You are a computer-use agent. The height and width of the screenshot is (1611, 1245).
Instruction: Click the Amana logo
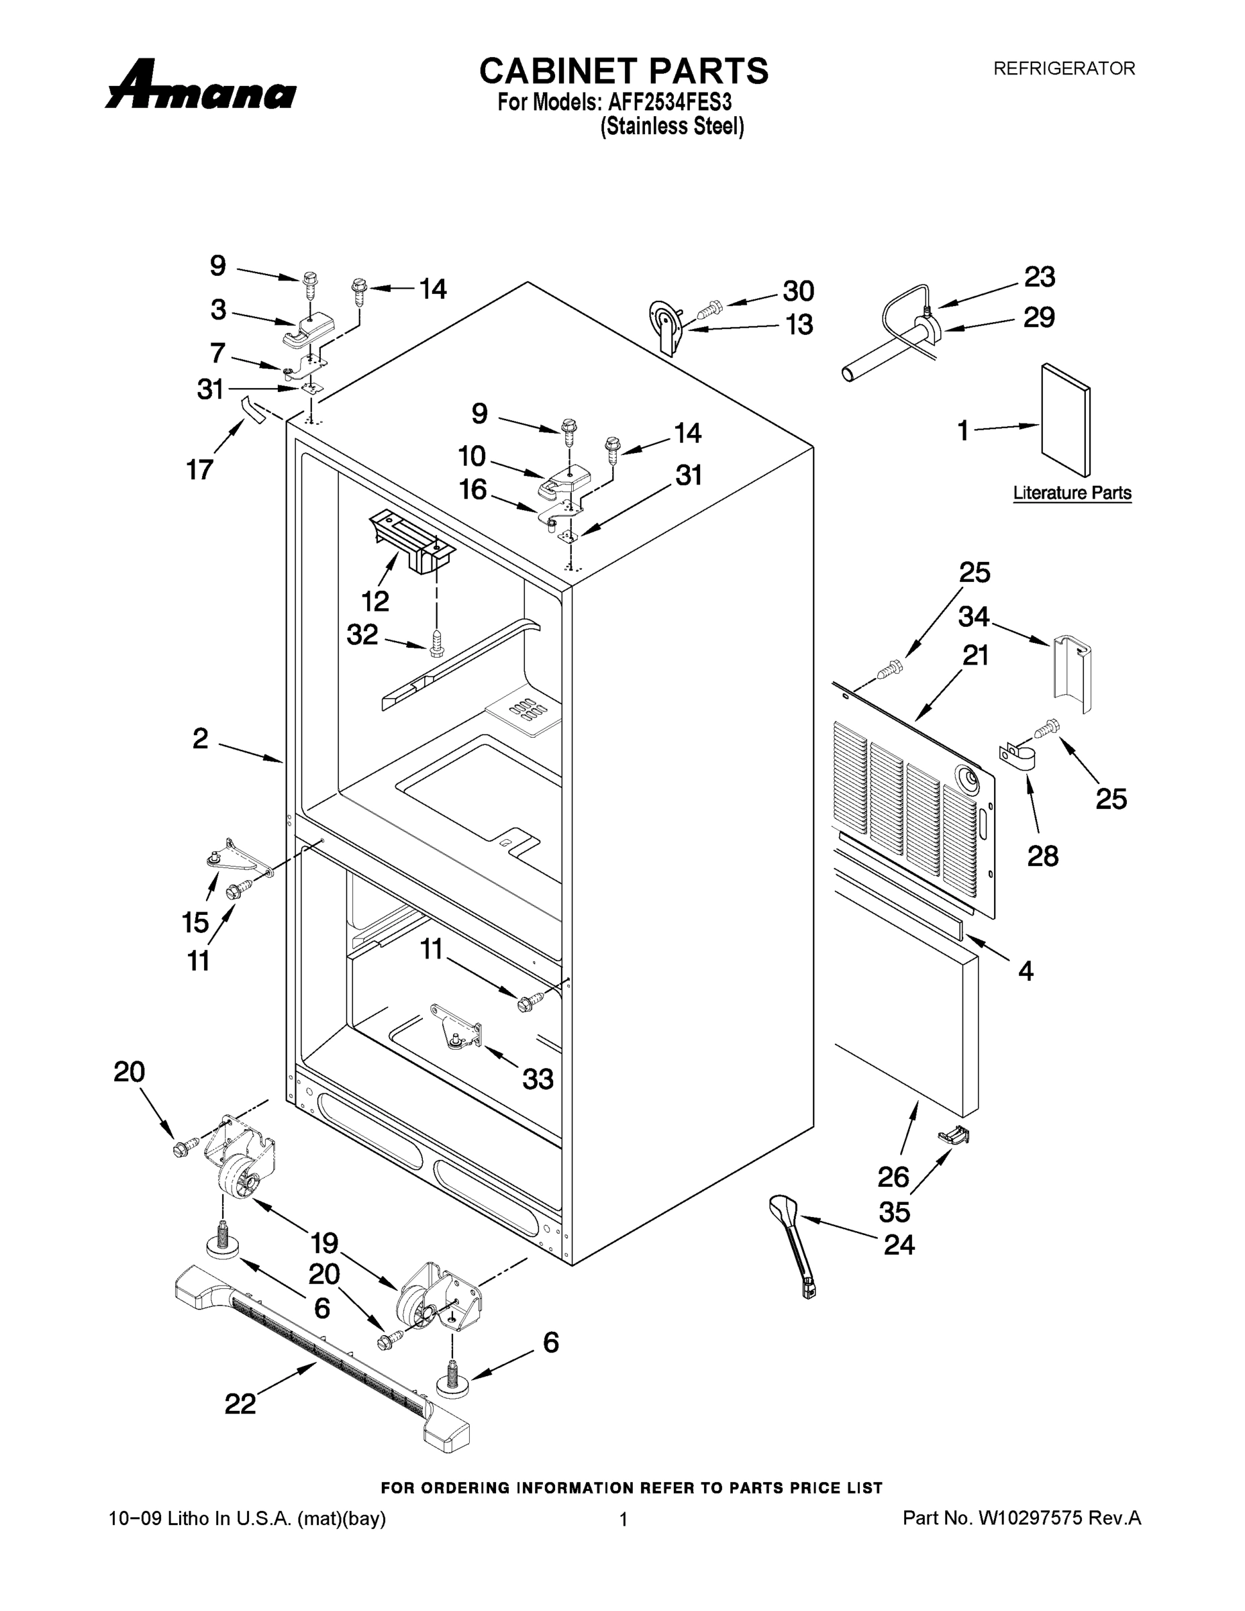[201, 85]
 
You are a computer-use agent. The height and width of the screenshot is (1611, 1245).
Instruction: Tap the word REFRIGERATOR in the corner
[1064, 68]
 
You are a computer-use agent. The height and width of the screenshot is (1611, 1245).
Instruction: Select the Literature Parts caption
[1072, 493]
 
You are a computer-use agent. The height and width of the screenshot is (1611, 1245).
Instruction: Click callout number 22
[240, 1404]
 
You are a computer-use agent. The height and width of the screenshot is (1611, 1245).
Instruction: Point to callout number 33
[538, 1079]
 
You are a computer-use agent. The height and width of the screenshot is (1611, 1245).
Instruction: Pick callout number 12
[375, 601]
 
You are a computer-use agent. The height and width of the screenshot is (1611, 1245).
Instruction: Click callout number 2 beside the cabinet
[201, 738]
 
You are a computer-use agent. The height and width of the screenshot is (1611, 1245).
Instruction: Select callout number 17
[200, 469]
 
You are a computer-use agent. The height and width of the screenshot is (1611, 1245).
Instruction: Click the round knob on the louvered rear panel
[966, 777]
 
